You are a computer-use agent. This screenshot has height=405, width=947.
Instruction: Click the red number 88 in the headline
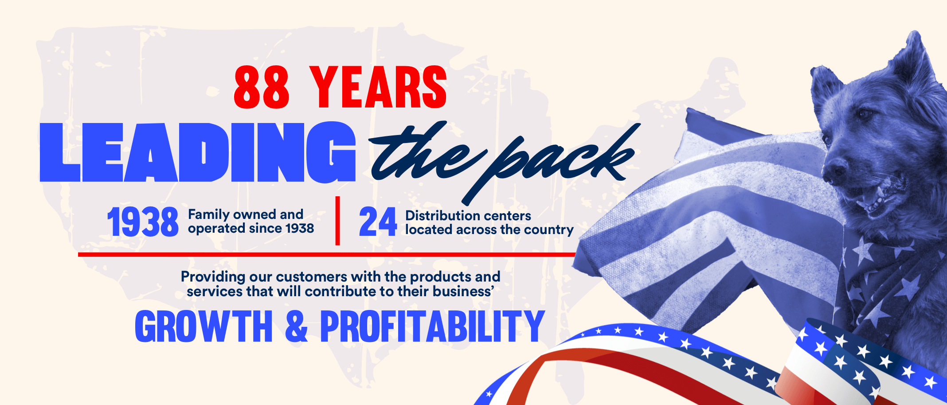coord(262,87)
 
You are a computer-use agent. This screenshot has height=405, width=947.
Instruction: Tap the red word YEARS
coord(378,87)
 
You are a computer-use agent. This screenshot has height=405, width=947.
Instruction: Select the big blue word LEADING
coord(198,152)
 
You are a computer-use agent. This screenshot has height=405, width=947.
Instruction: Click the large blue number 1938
coord(143,222)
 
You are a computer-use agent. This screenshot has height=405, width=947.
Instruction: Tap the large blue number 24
coord(378,222)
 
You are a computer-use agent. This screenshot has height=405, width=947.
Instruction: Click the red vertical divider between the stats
coord(338,221)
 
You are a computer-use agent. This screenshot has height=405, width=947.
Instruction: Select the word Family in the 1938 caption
coord(208,215)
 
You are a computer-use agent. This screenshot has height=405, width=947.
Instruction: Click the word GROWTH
coord(203,326)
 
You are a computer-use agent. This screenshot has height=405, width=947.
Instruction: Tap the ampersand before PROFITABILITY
coord(296,326)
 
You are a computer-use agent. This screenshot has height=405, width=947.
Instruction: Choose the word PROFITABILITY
coord(432,326)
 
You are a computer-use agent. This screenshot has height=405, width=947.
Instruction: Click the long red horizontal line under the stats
coord(327,254)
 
